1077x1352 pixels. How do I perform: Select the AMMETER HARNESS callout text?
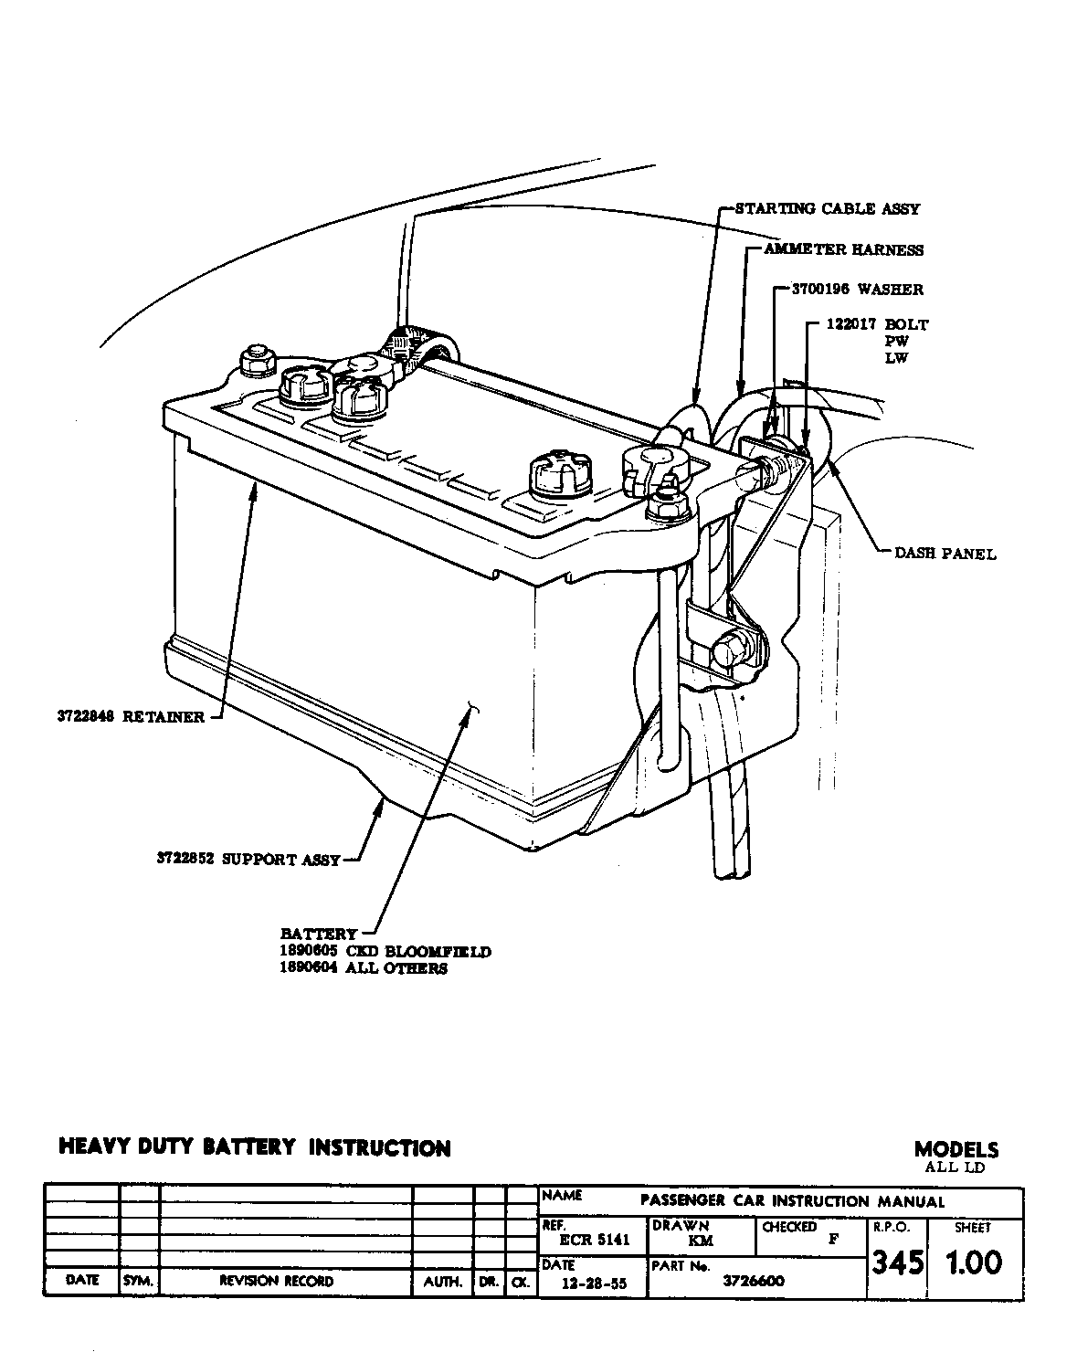click(843, 250)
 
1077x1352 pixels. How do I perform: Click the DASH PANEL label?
click(945, 554)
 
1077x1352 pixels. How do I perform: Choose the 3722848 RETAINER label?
click(130, 717)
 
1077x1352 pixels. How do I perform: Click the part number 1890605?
click(309, 952)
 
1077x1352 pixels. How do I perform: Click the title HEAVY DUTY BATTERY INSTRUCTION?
click(254, 1148)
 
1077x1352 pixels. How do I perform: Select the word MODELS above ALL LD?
click(956, 1150)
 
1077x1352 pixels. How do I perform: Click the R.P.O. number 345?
click(897, 1263)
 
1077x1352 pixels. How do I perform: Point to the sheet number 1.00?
click(972, 1263)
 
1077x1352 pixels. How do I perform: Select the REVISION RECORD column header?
click(276, 1282)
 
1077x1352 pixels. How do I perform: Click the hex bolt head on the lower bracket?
click(730, 651)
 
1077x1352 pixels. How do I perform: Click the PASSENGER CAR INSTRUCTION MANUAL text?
click(792, 1201)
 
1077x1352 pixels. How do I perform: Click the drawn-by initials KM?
click(701, 1241)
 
